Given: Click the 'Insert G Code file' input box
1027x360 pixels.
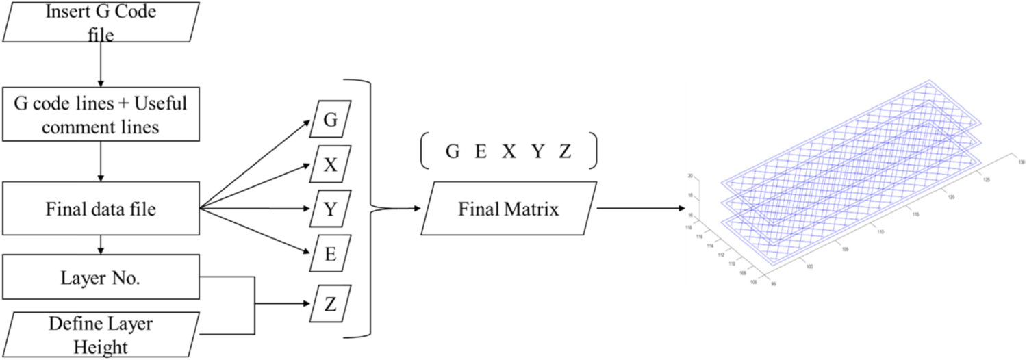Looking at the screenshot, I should click(x=101, y=23).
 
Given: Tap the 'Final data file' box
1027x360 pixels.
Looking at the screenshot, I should click(x=101, y=209).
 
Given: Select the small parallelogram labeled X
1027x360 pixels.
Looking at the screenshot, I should click(x=331, y=165).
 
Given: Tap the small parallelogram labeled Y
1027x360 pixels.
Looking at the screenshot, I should click(x=331, y=209).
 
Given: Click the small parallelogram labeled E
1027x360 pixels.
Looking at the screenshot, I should click(x=331, y=253).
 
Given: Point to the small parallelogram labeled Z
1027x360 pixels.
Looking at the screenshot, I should click(x=331, y=304).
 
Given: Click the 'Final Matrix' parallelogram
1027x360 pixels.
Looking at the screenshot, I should click(x=509, y=209).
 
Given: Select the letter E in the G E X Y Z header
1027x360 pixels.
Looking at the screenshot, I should click(x=481, y=153).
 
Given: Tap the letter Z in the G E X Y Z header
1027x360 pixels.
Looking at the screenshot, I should click(x=564, y=153).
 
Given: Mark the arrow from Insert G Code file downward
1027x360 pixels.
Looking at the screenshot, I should click(x=101, y=66).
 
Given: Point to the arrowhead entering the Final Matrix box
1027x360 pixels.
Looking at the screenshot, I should click(x=417, y=209).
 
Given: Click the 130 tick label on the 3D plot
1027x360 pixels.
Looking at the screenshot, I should click(x=1021, y=162).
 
